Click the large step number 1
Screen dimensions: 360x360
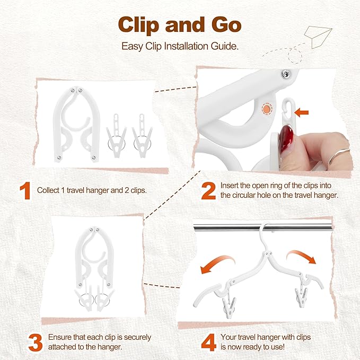tap(24, 191)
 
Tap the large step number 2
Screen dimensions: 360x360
tap(208, 191)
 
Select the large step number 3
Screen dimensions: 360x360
tap(34, 341)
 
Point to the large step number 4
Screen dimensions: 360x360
tap(209, 341)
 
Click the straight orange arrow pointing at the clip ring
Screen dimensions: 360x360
tap(302, 112)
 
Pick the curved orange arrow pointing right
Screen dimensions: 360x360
tap(302, 257)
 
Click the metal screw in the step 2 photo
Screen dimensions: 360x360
tap(286, 73)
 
